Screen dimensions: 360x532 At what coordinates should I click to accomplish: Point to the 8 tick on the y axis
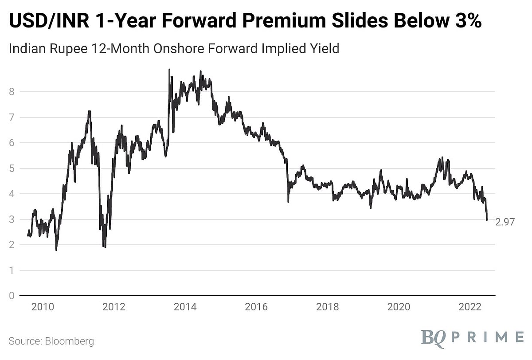12,92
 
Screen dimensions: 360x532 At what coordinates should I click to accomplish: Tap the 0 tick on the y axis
12,296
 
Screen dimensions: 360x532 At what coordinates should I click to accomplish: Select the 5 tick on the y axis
12,168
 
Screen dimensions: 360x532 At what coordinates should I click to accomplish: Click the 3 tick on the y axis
12,219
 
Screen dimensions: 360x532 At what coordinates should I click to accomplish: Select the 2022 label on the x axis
470,307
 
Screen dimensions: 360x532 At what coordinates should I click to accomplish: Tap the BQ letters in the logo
433,337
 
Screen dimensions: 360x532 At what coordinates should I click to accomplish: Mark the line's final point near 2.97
487,220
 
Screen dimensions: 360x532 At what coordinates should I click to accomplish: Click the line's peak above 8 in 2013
169,70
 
